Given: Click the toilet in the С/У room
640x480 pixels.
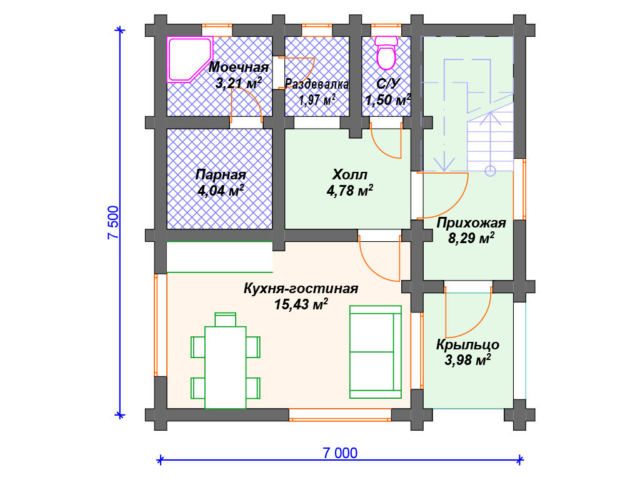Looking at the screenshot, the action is (386, 52).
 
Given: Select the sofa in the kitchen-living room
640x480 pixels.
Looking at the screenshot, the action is (376, 352).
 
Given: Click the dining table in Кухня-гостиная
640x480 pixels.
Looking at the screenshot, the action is (225, 367).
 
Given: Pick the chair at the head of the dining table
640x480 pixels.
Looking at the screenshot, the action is (225, 319).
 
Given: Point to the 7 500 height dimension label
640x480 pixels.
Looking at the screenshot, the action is (113, 223).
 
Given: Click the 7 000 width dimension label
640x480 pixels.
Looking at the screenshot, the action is (340, 452).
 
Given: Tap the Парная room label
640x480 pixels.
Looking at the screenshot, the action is (221, 175).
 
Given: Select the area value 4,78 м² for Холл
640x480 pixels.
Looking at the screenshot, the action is (350, 190).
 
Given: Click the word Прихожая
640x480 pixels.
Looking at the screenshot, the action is (471, 223).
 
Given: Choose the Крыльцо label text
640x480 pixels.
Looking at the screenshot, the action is (467, 344).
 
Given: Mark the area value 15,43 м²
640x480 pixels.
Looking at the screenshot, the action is (301, 304).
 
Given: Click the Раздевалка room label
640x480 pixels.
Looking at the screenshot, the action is (317, 84).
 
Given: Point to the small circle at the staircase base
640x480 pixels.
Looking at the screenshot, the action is (490, 171).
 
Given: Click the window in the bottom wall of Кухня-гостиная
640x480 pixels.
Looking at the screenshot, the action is (340, 415).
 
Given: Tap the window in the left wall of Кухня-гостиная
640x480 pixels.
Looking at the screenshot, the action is (161, 324).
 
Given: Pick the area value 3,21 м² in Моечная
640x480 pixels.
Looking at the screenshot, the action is (238, 83).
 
